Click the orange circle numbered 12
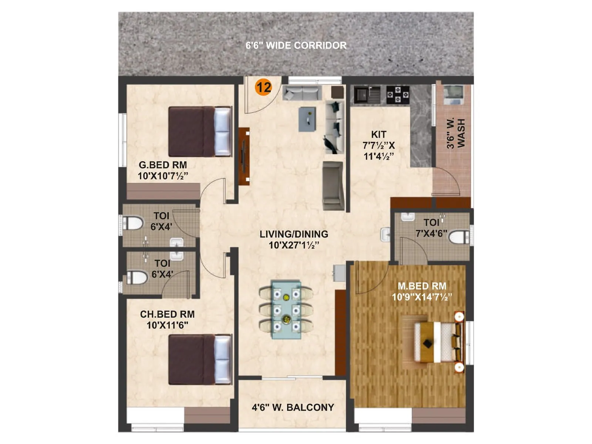(263, 87)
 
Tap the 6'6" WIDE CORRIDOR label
(296, 46)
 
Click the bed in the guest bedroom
(200, 131)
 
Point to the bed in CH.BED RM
(200, 359)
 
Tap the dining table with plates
(286, 309)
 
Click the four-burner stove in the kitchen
(398, 95)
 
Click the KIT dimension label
(379, 145)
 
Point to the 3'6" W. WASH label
(455, 133)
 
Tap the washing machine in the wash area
(453, 95)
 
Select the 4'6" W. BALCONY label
(293, 407)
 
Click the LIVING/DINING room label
(294, 239)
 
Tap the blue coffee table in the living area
(307, 119)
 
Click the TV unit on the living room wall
(244, 156)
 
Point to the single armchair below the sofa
(333, 185)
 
